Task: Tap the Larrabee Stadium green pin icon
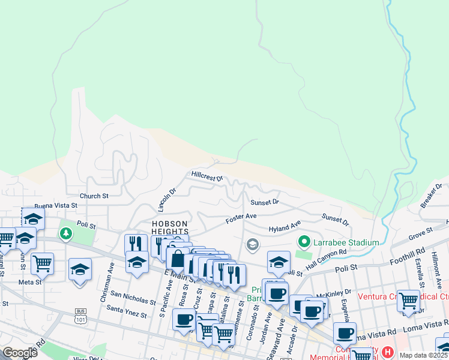[x=304, y=242]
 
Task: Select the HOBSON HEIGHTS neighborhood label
[x=170, y=227]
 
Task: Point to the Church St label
[x=94, y=196]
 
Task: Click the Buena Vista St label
[x=56, y=205]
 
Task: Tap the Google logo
[x=20, y=353]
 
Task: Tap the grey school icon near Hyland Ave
[x=253, y=244]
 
